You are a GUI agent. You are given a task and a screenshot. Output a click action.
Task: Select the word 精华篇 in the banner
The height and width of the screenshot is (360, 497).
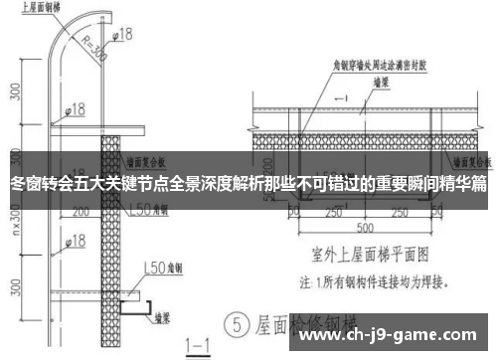coord(465,184)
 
